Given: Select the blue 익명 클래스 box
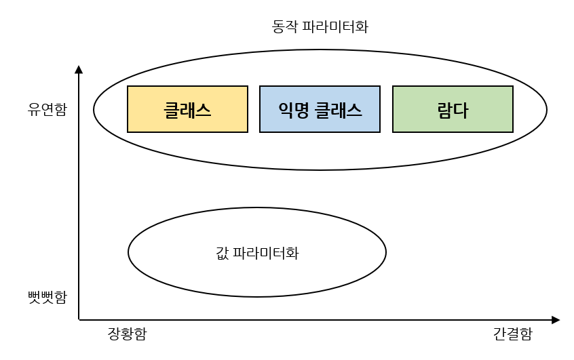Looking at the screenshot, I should [320, 109].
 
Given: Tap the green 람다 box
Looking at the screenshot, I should [453, 109].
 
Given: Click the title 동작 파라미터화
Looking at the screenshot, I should [320, 27].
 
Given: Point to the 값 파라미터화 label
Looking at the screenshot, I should [256, 254].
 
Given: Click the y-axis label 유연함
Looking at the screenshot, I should [47, 109].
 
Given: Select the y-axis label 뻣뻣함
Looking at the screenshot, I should [47, 297].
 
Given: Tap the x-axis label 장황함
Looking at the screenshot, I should [127, 334].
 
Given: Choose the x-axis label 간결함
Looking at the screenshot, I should [512, 334].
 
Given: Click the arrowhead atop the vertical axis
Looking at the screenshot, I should [79, 69].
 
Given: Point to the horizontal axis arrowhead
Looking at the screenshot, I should [556, 319].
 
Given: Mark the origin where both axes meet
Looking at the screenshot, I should [79, 319].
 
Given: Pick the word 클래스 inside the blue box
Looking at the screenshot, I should [339, 109].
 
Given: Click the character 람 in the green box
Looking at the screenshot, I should [444, 109].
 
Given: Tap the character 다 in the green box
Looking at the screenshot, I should [461, 109].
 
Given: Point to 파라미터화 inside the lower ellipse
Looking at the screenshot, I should [266, 254].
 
